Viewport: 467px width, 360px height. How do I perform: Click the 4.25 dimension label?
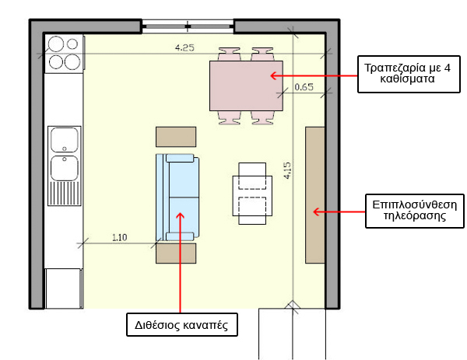tap(184, 47)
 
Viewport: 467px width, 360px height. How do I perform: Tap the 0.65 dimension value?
tap(304, 87)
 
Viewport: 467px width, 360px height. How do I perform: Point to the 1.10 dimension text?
tap(119, 237)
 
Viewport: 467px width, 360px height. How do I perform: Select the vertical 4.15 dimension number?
tap(287, 170)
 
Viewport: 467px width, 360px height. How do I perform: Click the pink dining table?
tap(246, 86)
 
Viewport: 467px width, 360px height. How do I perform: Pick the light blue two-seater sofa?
tap(177, 197)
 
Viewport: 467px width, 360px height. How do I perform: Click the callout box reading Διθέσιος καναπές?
tap(182, 324)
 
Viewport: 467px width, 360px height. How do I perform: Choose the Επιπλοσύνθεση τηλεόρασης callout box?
tap(415, 211)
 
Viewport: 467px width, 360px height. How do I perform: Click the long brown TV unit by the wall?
tap(314, 195)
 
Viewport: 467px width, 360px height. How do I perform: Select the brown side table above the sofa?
tap(176, 137)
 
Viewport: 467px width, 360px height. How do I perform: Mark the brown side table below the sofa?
tap(176, 253)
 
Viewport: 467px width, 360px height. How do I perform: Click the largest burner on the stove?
tap(72, 62)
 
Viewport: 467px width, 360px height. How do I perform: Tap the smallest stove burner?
tap(72, 44)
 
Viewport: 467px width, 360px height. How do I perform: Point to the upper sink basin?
tap(65, 139)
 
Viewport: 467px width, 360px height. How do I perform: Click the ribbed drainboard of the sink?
tap(65, 194)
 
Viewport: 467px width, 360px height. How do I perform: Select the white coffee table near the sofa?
tap(252, 194)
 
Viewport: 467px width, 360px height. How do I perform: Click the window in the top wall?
tap(188, 26)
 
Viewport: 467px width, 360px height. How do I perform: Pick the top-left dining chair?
tap(229, 54)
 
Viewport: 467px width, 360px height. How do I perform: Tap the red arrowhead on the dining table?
tap(273, 75)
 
